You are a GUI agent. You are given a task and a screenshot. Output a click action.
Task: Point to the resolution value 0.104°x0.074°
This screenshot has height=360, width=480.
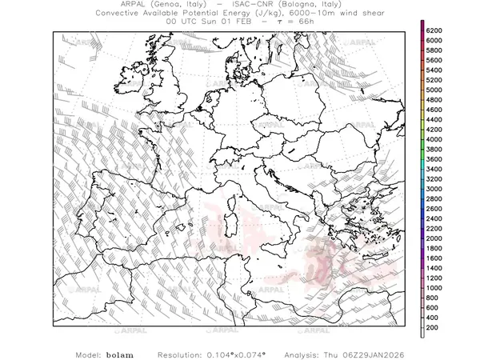(x=242, y=354)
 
